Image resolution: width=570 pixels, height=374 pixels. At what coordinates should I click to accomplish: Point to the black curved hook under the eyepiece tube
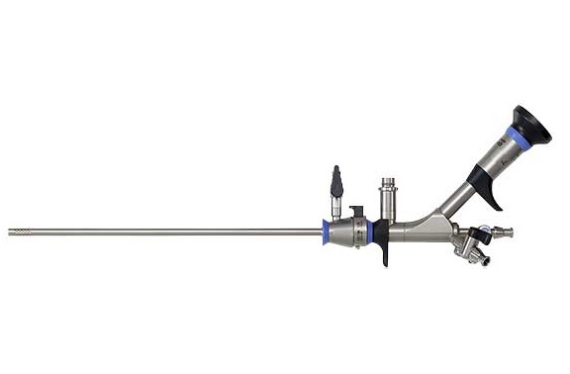pyautogui.click(x=498, y=187)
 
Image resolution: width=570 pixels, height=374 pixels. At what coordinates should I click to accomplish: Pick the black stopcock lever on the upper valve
pyautogui.click(x=338, y=181)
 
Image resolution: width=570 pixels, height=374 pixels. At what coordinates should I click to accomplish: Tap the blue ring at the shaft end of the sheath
pyautogui.click(x=327, y=234)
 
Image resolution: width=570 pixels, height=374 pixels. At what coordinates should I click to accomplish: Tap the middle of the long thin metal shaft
pyautogui.click(x=168, y=234)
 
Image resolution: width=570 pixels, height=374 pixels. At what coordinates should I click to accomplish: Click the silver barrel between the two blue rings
pyautogui.click(x=346, y=234)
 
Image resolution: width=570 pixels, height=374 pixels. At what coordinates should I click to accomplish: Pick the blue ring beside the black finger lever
pyautogui.click(x=369, y=234)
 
